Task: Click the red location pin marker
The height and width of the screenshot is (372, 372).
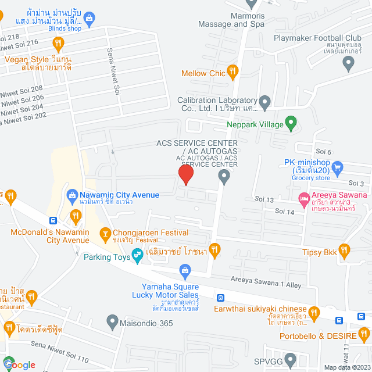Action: click(185, 174)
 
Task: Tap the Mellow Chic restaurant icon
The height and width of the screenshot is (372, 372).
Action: click(233, 73)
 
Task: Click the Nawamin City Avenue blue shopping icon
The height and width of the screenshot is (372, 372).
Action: click(73, 195)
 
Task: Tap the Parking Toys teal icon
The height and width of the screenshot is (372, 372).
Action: click(137, 254)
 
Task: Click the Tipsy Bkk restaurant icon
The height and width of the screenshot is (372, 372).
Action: click(344, 251)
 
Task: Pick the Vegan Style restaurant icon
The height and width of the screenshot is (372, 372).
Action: click(58, 42)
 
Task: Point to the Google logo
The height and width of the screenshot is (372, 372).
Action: click(19, 364)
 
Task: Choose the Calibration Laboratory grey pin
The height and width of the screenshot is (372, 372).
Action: click(265, 104)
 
